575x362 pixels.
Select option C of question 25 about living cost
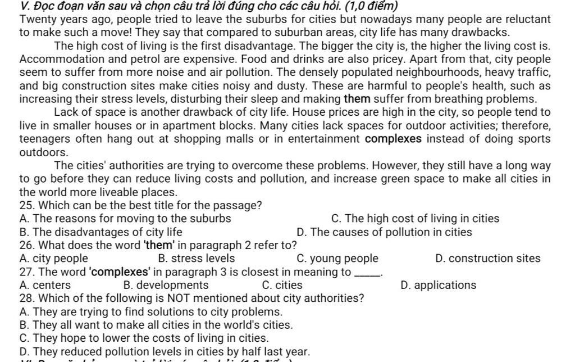415,219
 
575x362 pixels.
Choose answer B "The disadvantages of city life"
101,232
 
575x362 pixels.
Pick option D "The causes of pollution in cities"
384,232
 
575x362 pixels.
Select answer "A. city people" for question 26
53,259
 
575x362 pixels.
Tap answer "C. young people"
337,259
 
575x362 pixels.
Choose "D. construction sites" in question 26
487,259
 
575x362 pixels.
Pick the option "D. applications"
439,285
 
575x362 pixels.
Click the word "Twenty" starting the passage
35,19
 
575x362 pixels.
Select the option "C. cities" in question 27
282,285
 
